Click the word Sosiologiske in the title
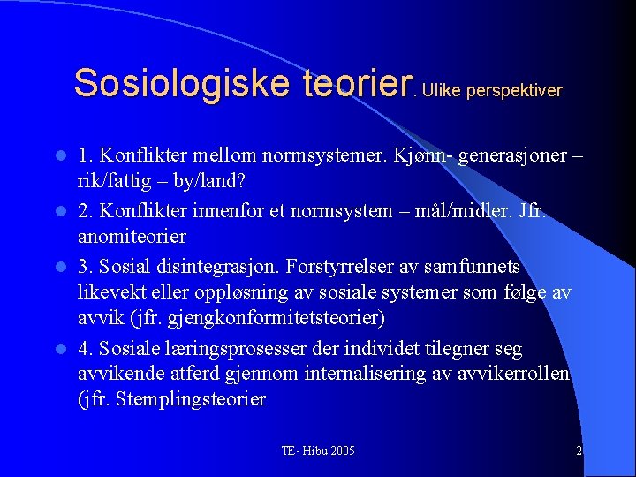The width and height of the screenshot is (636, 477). [x=182, y=83]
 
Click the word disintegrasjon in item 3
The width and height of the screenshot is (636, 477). [x=205, y=267]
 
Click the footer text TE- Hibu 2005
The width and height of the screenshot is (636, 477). [x=318, y=451]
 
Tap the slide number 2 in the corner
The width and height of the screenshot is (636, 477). [x=579, y=451]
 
